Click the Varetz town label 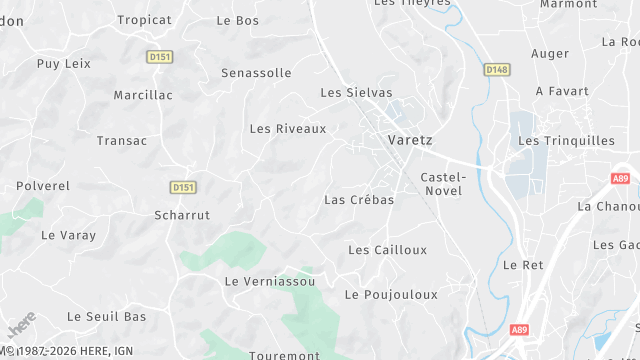(410, 140)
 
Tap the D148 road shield (496, 69)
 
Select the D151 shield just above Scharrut (182, 187)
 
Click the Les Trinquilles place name (566, 141)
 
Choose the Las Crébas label (359, 200)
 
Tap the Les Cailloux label (387, 250)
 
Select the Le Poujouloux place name (391, 295)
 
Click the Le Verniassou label (270, 282)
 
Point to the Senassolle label (256, 73)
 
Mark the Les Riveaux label (288, 129)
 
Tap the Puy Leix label (64, 63)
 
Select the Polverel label (43, 186)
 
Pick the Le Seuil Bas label (106, 316)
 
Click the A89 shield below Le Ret (518, 329)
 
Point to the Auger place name (550, 53)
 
